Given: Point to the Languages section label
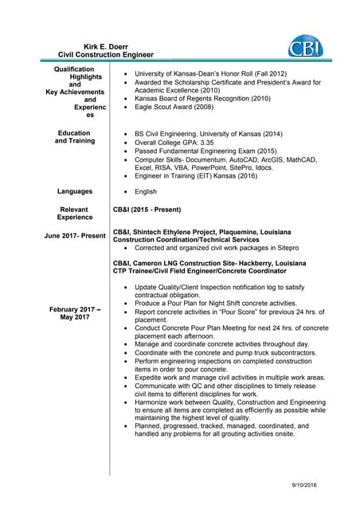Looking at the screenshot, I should (75, 192).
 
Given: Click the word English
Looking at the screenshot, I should (146, 192).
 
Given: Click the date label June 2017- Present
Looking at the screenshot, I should (75, 236).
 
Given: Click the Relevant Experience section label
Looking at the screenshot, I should (75, 213).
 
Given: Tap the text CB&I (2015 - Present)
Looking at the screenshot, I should (147, 210).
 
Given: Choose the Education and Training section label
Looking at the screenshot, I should (75, 137).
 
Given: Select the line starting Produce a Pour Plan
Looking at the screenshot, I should (210, 304).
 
